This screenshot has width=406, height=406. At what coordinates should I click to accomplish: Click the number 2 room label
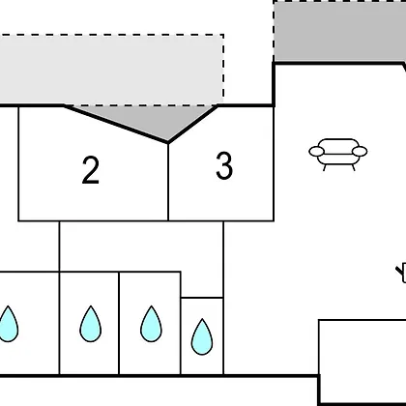tap(91, 170)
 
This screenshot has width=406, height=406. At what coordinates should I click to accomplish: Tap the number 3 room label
tap(224, 165)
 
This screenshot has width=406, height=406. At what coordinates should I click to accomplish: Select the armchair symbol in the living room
tap(338, 155)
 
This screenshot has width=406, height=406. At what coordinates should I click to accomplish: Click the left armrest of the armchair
tap(316, 151)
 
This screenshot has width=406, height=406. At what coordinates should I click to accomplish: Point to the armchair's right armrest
tap(360, 151)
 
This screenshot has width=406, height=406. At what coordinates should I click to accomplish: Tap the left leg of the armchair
tap(325, 167)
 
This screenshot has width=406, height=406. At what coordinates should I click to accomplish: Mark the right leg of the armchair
tap(353, 167)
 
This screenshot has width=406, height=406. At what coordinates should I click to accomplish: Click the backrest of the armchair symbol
tap(338, 144)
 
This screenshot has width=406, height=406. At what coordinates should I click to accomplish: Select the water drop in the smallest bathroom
tap(202, 336)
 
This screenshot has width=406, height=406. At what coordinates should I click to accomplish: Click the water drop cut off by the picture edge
tap(9, 324)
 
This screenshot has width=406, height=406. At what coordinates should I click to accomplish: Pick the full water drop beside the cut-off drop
tap(91, 324)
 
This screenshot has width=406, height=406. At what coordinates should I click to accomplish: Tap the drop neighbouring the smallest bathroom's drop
tap(151, 324)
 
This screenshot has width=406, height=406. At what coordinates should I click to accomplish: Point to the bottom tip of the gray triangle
tap(168, 142)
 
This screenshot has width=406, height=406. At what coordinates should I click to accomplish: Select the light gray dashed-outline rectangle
tap(111, 70)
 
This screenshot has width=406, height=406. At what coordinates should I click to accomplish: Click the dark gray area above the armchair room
tap(339, 32)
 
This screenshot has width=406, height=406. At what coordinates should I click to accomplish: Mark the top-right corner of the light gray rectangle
tap(223, 34)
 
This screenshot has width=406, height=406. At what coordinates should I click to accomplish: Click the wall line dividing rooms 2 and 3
tap(168, 182)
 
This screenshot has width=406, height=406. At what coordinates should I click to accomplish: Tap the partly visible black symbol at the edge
tap(401, 274)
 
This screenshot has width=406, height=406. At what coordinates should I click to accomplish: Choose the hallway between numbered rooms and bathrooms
tap(141, 246)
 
